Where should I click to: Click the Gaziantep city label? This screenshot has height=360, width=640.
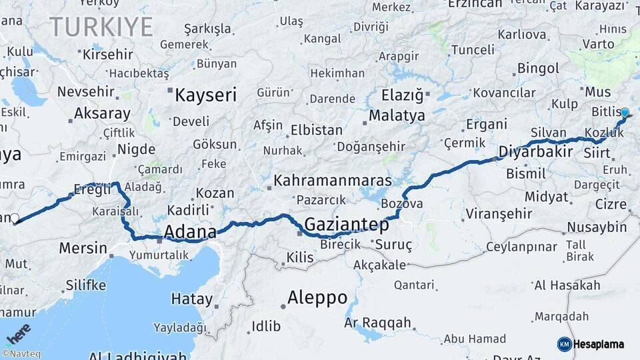346,223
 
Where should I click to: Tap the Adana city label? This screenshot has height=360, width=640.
190,232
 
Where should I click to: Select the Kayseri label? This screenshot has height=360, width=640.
205,95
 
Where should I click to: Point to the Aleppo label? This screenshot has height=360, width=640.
317,297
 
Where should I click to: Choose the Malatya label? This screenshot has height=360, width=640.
397,115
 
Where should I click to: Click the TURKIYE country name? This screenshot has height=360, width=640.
101,27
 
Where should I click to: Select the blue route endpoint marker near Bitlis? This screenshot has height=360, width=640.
625,113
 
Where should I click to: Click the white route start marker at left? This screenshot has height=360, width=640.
15,218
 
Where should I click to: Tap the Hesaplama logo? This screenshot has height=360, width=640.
591,344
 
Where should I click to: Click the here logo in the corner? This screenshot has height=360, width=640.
18,333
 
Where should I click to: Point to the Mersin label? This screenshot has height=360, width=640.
83,249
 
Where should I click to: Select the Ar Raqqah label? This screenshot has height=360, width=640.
377,323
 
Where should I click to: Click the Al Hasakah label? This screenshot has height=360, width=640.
567,285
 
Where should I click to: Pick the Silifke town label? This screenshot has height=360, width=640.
85,285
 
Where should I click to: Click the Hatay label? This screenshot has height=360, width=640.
191,299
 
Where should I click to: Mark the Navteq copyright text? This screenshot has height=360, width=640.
21,354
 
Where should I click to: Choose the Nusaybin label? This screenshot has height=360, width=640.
597,227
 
